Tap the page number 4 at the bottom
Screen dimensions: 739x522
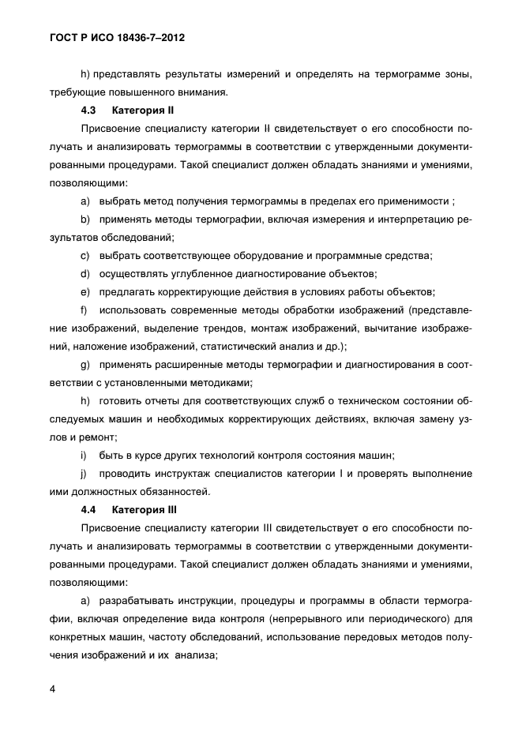pos(51,689)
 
